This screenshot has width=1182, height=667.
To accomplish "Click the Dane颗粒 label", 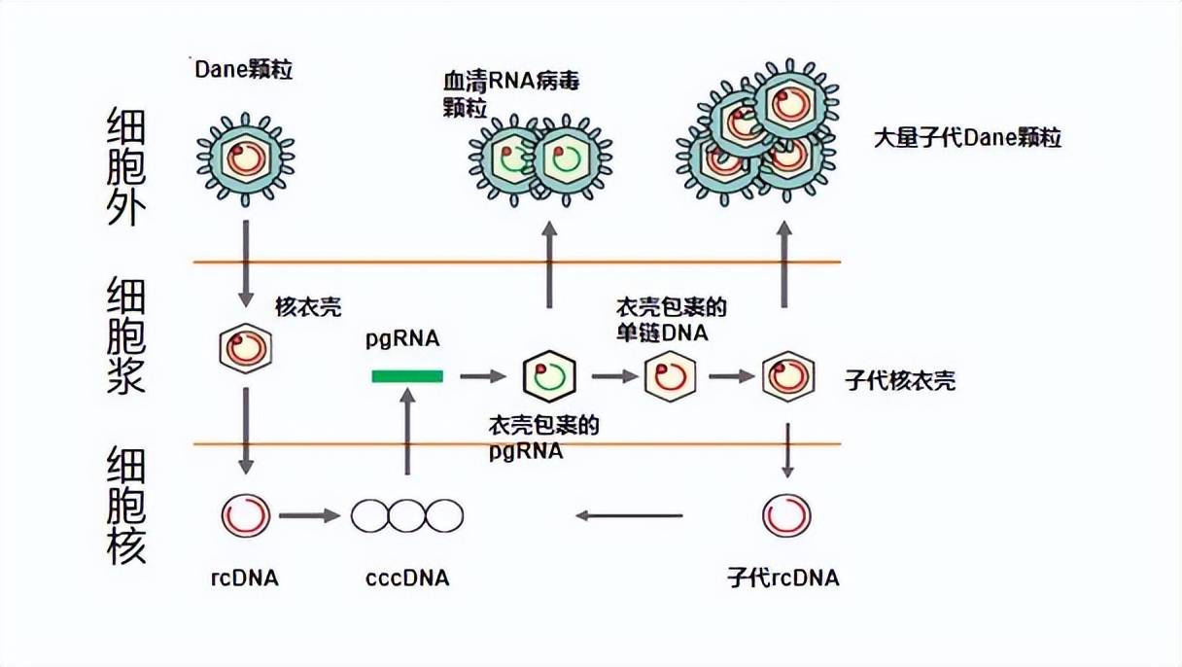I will pyautogui.click(x=243, y=70).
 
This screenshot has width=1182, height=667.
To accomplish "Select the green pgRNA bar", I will pyautogui.click(x=407, y=376).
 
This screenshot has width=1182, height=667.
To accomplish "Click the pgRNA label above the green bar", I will pyautogui.click(x=402, y=338).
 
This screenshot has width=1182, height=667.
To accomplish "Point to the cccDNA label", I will pyautogui.click(x=407, y=579).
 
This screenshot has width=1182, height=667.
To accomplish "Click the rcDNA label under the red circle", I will pyautogui.click(x=245, y=579).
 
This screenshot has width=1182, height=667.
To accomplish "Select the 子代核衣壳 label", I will pyautogui.click(x=901, y=380).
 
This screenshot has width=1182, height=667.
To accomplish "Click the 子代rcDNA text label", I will pyautogui.click(x=782, y=579).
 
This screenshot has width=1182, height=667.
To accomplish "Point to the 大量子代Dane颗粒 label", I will pyautogui.click(x=967, y=138).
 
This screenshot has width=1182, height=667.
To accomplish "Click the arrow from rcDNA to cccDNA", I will pyautogui.click(x=309, y=515).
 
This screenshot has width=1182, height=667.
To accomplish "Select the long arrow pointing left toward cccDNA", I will pyautogui.click(x=629, y=515).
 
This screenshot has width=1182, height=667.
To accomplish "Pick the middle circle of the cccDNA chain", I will pyautogui.click(x=407, y=515).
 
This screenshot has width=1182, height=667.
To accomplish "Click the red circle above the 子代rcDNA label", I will pyautogui.click(x=786, y=515).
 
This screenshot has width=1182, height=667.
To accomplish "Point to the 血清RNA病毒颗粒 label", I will pyautogui.click(x=509, y=93).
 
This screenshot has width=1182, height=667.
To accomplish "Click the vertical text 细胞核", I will pyautogui.click(x=126, y=506).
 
